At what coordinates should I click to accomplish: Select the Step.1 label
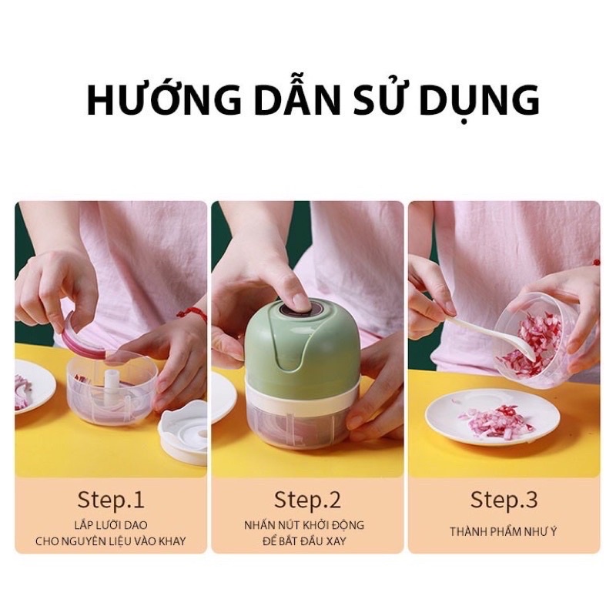[x=110, y=500]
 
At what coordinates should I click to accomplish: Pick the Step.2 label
[x=307, y=500]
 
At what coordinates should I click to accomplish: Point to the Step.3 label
[x=504, y=500]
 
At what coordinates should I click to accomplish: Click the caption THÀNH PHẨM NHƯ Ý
[x=504, y=531]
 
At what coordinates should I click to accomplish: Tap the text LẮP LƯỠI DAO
[x=110, y=525]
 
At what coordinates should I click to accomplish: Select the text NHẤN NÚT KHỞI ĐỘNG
[x=307, y=525]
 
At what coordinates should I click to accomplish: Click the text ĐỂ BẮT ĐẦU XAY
[x=307, y=541]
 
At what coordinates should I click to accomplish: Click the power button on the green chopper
[x=296, y=307]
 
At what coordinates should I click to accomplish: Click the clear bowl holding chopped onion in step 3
[x=539, y=339]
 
